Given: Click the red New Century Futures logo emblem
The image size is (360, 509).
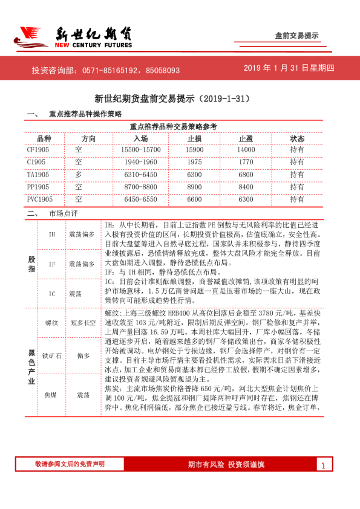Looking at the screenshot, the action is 31,37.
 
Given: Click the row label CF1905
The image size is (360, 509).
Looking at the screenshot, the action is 38,149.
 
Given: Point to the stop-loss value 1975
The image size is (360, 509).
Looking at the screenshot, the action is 195,162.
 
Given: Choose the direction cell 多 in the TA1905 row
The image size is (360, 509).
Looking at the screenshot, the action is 79,175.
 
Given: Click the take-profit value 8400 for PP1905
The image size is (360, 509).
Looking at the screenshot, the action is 246,187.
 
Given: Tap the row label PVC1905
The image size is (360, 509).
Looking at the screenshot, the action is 40,199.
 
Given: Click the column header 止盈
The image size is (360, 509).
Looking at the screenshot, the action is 246,138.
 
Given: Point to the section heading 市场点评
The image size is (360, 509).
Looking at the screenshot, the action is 63,213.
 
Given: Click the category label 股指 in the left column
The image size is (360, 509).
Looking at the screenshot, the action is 31,264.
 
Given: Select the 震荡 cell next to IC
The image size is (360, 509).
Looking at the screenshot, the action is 76,293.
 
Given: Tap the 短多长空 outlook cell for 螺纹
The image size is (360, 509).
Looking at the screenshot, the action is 83,323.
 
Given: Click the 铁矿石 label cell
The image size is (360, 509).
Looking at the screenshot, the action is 52,356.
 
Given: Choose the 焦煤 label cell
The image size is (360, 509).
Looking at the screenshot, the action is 52,394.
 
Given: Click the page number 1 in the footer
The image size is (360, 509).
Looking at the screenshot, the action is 324,465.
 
